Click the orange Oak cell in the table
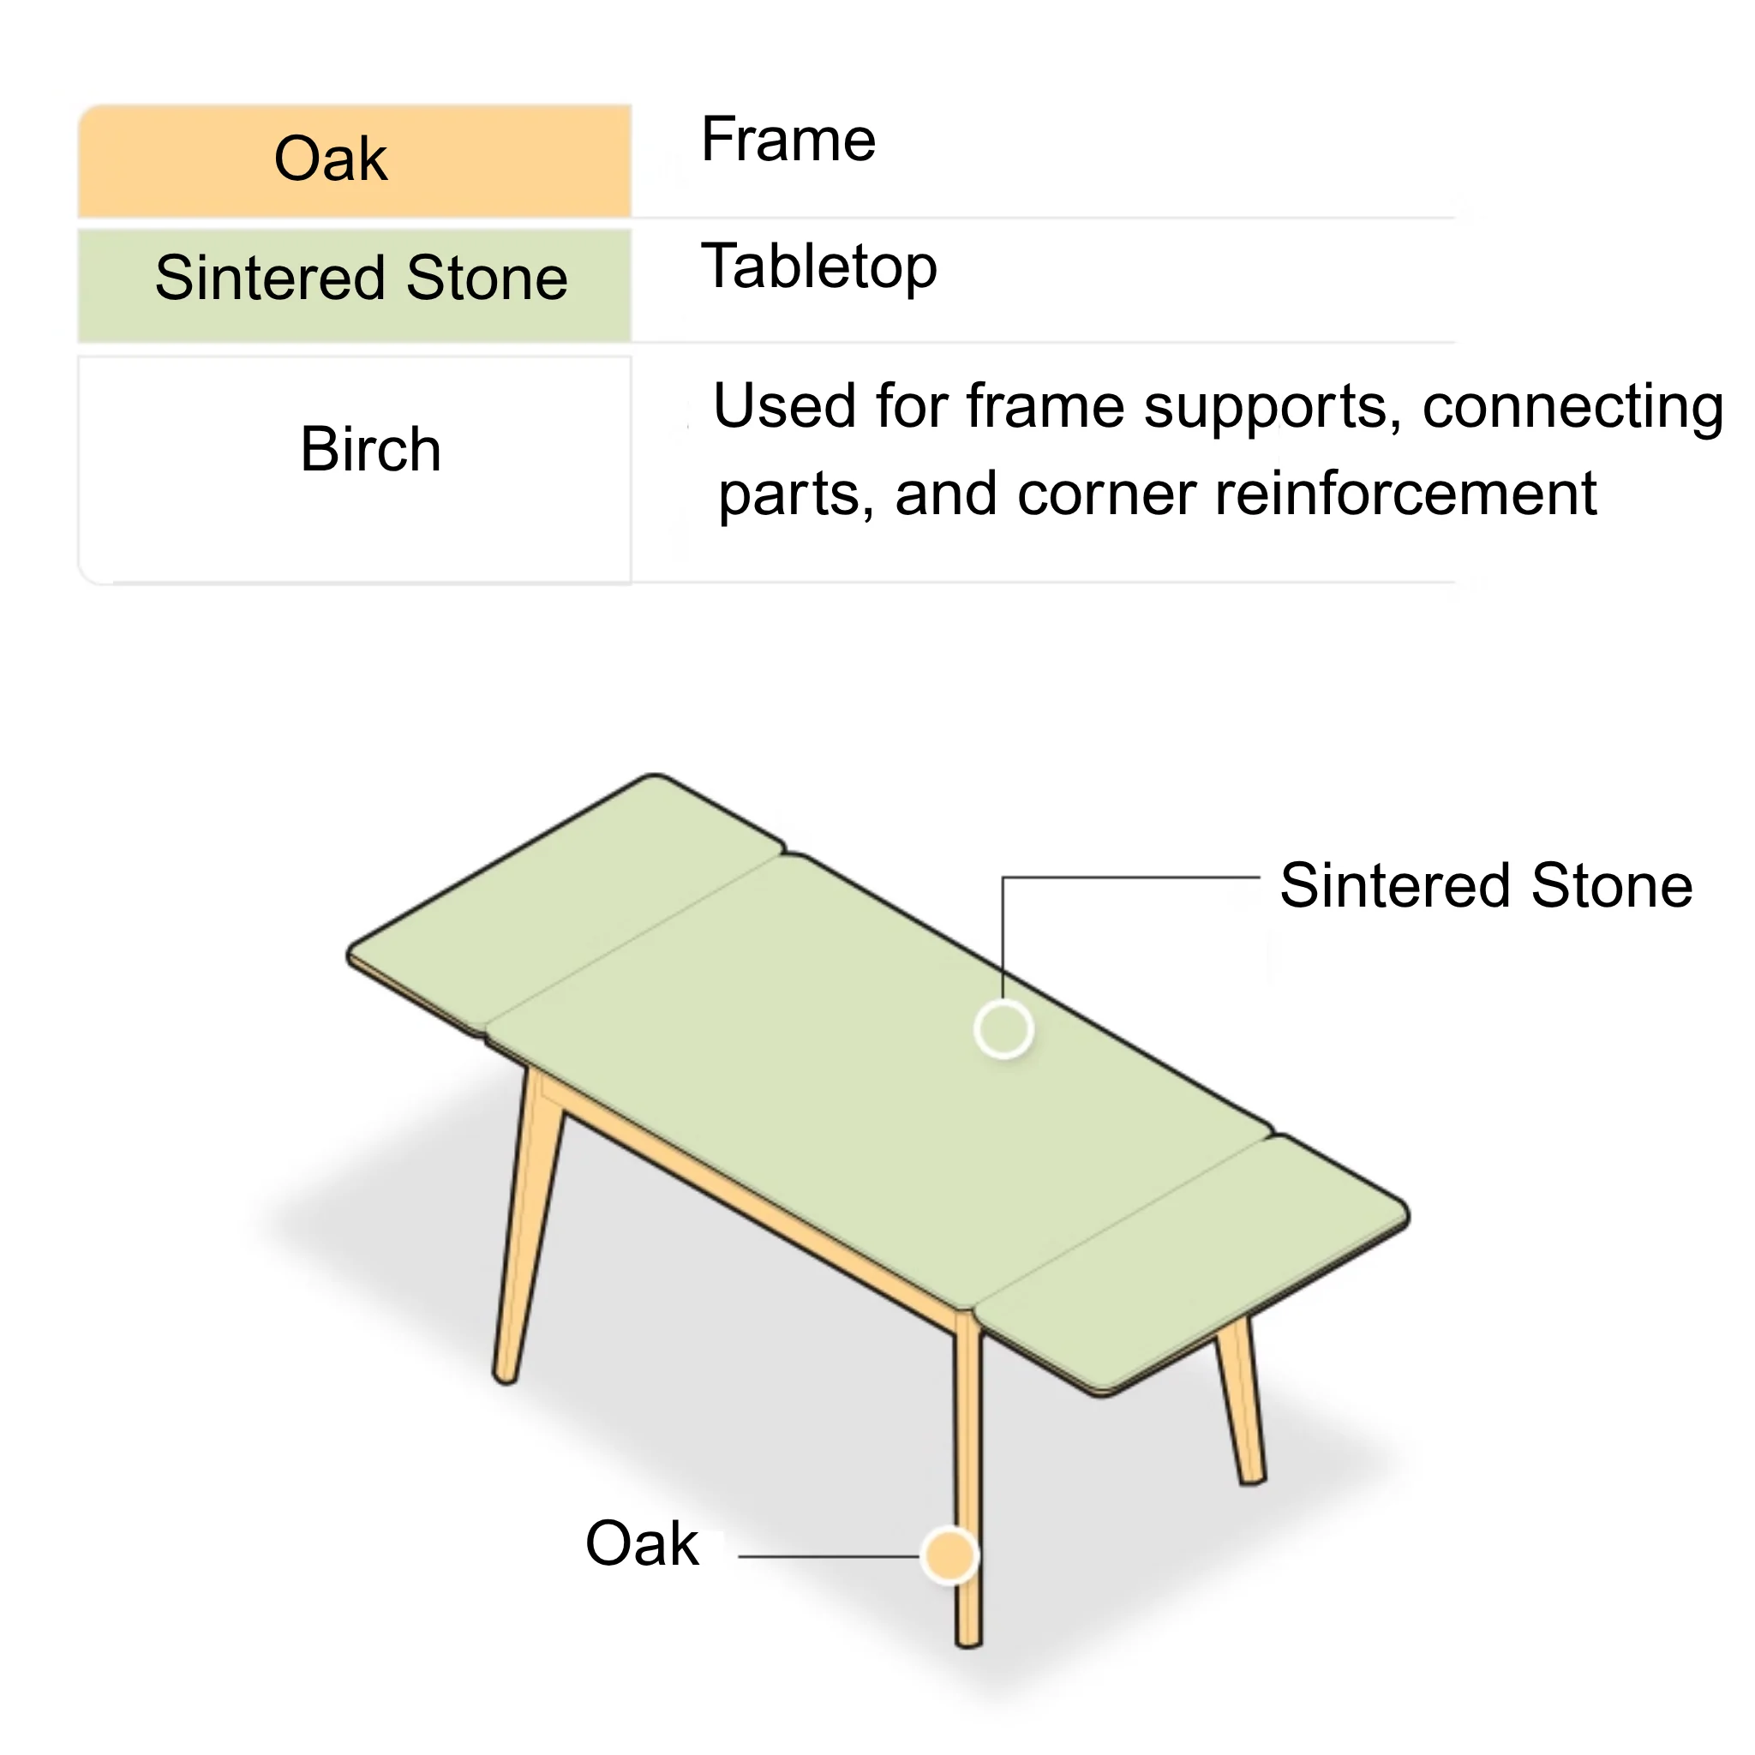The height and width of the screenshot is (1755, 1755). click(x=354, y=161)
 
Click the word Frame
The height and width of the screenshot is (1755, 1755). click(x=788, y=141)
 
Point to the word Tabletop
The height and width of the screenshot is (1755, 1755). click(x=818, y=267)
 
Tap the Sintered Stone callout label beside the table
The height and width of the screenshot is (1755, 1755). click(x=1486, y=886)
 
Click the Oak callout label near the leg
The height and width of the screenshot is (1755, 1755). click(x=641, y=1543)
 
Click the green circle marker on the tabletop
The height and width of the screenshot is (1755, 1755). click(x=1003, y=1029)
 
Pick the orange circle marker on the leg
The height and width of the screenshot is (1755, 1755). click(x=949, y=1554)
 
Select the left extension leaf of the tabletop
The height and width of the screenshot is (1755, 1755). click(x=563, y=908)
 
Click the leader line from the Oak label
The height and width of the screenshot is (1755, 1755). click(x=827, y=1556)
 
